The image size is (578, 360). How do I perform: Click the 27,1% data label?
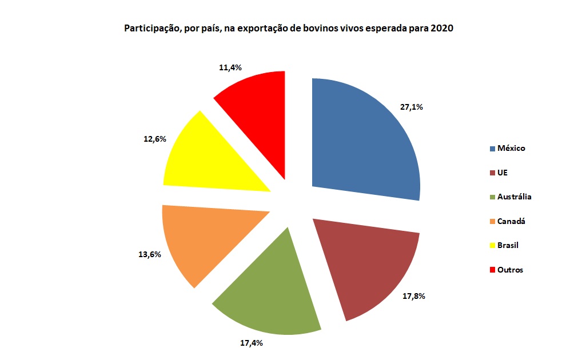pos(412,107)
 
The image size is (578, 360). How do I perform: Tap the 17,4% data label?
pos(250,343)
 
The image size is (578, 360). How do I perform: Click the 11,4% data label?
pos(230,67)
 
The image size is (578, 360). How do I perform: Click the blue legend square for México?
pos(492,149)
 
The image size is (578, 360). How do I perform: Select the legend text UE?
pos(503,173)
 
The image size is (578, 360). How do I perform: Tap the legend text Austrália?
pos(515,197)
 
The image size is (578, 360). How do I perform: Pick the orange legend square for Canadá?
pos(492,221)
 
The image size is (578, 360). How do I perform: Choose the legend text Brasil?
pos(508,245)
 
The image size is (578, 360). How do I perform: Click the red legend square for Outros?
pos(492,270)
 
